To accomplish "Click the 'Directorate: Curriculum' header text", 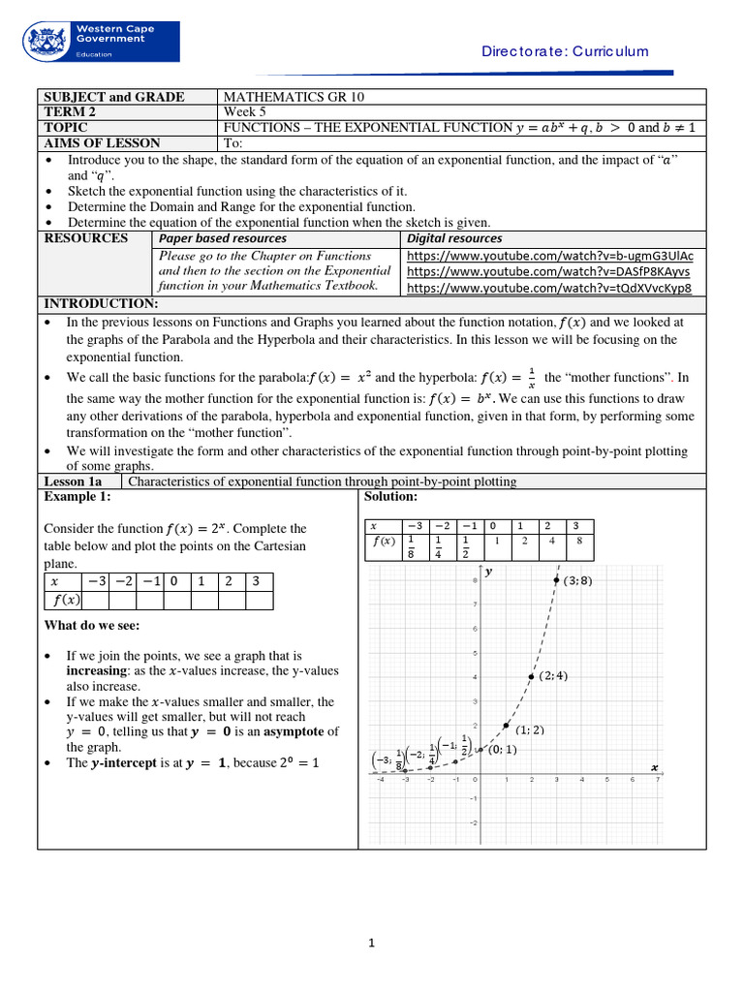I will click(565, 51).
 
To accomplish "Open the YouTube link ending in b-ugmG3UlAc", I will click(549, 256).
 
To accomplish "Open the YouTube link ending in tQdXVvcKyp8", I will click(549, 288).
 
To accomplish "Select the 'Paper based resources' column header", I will click(223, 238).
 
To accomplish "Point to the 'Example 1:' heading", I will click(77, 497).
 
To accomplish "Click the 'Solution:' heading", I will click(390, 497).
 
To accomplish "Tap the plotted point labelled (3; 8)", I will click(556, 580).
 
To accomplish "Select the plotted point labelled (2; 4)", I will click(530, 676).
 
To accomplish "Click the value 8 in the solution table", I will click(577, 542).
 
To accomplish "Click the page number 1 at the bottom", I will click(371, 944).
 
